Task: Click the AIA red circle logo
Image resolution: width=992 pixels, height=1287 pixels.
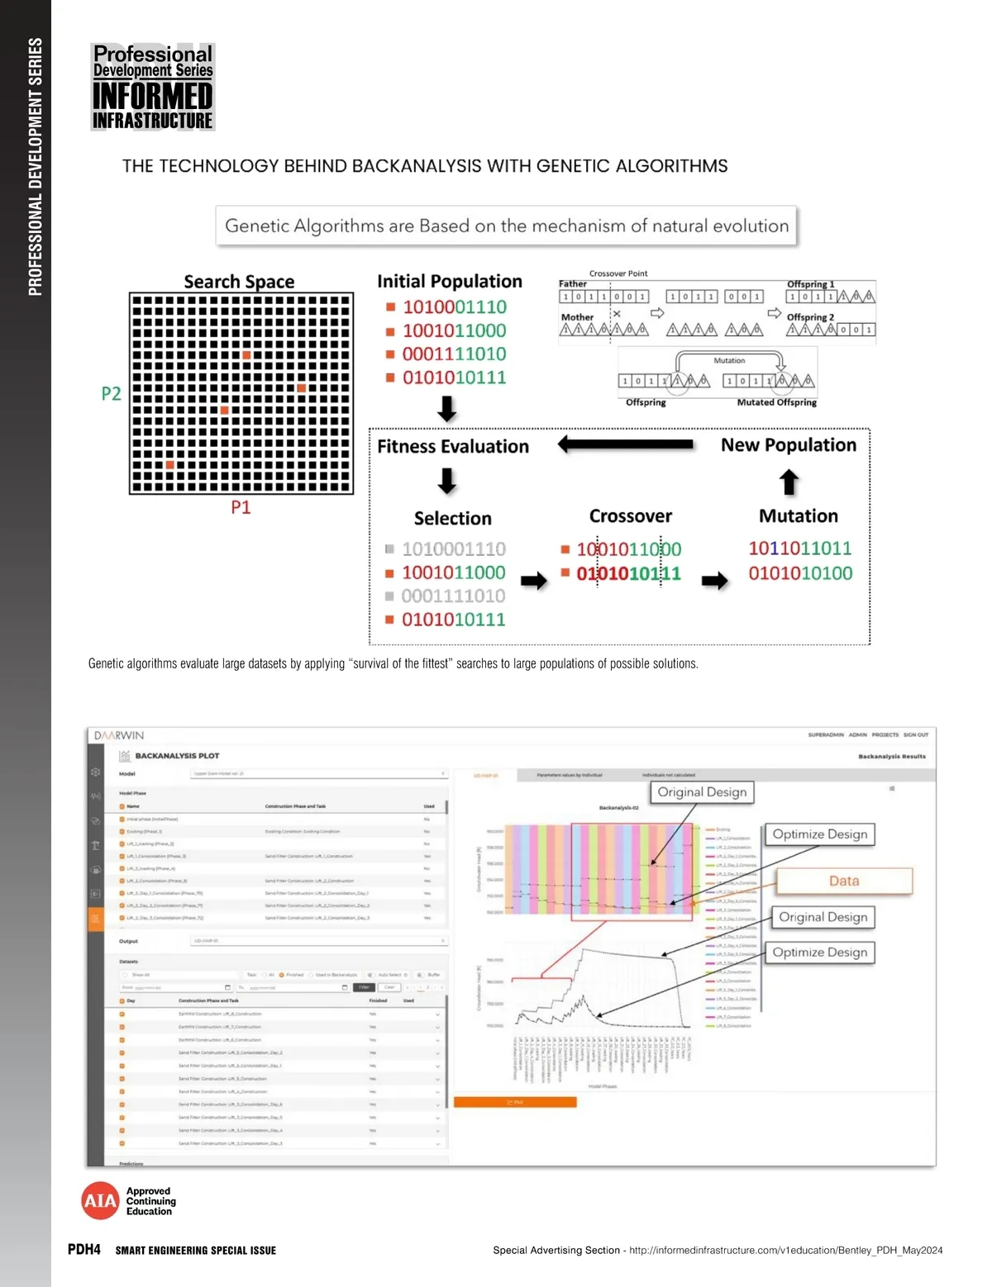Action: click(99, 1201)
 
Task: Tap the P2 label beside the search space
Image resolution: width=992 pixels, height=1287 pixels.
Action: click(111, 393)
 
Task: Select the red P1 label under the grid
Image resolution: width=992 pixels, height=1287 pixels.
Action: click(241, 507)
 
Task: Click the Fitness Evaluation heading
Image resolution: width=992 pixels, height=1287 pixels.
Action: click(453, 447)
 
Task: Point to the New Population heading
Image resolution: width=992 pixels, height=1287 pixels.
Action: click(789, 445)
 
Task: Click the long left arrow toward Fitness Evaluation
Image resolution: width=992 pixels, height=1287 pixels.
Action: click(625, 444)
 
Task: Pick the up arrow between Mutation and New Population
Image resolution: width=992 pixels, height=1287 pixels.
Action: click(789, 482)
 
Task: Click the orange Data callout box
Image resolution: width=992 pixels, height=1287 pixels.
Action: click(844, 881)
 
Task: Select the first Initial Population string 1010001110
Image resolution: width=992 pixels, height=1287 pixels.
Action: click(455, 307)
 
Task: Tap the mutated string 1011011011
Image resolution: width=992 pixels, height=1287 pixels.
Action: click(799, 549)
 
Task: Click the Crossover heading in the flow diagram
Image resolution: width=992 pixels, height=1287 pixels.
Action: click(631, 516)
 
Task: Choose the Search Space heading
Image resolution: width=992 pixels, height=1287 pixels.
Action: click(239, 282)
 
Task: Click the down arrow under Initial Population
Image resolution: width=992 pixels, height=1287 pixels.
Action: click(447, 408)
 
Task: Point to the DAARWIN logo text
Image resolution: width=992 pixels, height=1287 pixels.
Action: click(119, 735)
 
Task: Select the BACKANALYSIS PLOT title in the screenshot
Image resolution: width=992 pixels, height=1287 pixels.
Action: click(177, 755)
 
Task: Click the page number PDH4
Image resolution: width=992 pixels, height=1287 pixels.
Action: click(84, 1249)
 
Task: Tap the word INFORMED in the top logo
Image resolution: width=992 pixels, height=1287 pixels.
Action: click(153, 96)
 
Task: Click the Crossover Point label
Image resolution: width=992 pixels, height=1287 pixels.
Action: click(618, 273)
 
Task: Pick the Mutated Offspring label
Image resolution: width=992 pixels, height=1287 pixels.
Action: click(776, 402)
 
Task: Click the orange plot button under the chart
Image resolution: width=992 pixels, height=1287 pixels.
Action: click(515, 1102)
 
